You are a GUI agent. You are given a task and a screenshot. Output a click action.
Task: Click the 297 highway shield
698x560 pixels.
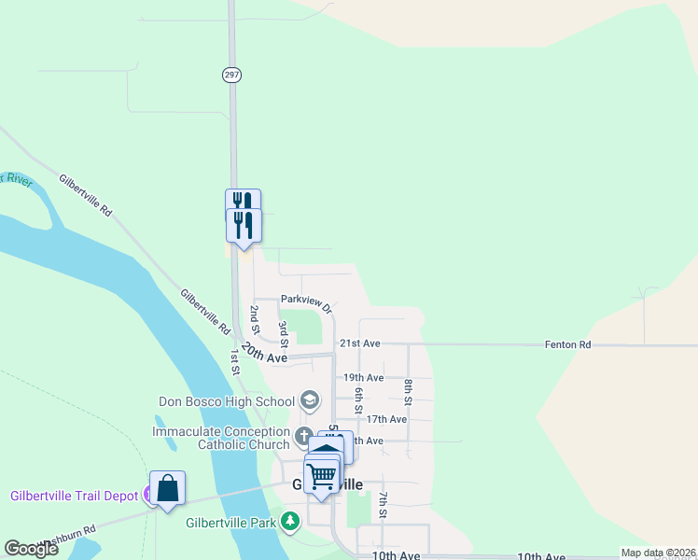click(x=231, y=75)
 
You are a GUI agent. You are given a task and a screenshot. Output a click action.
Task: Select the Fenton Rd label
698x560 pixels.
click(x=568, y=344)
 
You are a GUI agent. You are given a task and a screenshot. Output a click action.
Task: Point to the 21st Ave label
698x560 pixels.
click(x=359, y=343)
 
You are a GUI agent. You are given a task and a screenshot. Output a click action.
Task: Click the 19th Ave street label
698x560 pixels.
click(x=363, y=378)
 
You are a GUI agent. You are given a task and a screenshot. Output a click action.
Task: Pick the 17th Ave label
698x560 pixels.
click(x=386, y=420)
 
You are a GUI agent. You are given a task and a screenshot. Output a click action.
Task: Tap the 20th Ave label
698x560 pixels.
click(x=264, y=353)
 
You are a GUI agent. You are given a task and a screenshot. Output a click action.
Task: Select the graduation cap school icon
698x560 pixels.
click(x=310, y=402)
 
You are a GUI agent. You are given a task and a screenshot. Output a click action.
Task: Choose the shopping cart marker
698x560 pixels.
click(x=322, y=475)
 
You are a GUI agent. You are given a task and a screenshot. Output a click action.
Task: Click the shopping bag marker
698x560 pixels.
click(x=167, y=488)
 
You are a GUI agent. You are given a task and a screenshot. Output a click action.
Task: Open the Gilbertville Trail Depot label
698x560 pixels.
click(x=74, y=496)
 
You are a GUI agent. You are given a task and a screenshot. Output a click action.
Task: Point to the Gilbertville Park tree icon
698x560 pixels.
click(x=291, y=522)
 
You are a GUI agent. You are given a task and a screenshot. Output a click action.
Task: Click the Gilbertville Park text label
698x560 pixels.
click(x=230, y=523)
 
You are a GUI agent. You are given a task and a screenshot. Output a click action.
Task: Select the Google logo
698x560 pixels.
click(x=31, y=549)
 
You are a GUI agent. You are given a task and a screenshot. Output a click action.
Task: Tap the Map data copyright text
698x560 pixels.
click(x=657, y=553)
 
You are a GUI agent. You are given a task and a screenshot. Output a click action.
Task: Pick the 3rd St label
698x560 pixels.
click(x=283, y=331)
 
